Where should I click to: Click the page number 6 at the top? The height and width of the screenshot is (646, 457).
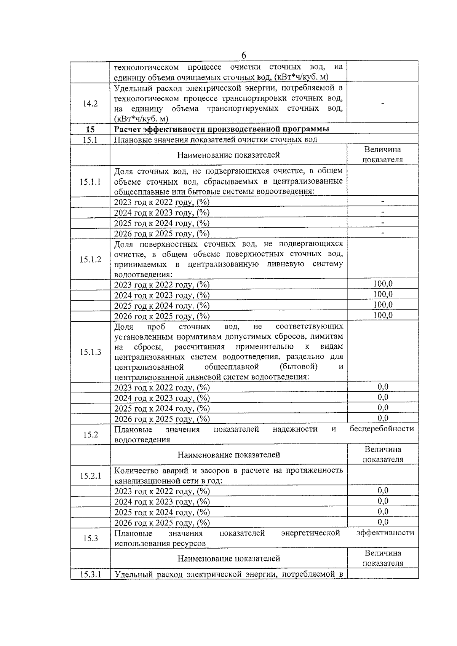pos(244,55)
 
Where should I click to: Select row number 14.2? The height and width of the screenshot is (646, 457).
pos(90,104)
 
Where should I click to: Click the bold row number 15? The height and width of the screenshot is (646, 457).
pos(90,129)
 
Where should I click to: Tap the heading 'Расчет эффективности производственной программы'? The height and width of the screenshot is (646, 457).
pos(222,129)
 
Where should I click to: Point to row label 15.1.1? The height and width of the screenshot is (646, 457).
pos(90,182)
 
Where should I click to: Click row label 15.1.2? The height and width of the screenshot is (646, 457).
pos(90,260)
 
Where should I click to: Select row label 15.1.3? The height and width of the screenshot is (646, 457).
pos(90,352)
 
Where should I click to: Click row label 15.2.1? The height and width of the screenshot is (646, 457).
pos(90,475)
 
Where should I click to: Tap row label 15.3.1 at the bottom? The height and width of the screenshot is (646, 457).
pos(90,574)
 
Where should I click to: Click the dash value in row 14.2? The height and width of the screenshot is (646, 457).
pos(383,104)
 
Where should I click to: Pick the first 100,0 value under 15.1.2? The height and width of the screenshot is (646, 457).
pos(383,284)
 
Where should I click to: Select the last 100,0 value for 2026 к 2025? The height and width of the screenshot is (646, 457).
pos(383,315)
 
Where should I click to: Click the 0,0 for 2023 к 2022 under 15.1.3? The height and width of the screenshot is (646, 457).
pos(383,387)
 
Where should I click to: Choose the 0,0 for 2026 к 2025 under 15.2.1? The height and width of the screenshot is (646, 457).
pos(383,522)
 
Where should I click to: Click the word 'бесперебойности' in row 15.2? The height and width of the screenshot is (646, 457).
pos(382,429)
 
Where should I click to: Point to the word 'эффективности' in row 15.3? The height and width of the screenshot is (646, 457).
pos(385,533)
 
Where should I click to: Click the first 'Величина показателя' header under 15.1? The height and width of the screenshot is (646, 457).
pos(382,155)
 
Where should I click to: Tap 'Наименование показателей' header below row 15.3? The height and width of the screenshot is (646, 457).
pos(228,558)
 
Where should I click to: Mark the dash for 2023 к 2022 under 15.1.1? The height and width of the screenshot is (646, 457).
pos(383,201)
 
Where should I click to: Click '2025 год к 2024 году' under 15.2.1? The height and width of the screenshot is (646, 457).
pos(162,512)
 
